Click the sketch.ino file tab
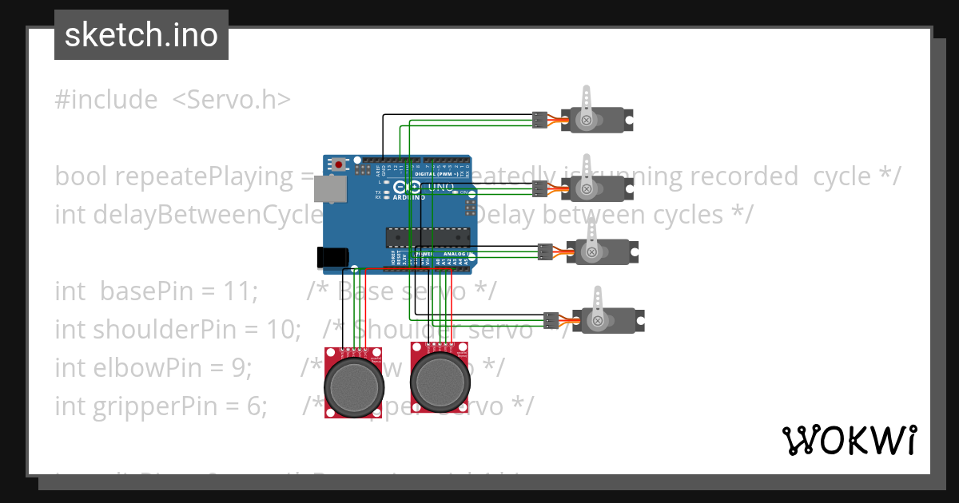click(141, 35)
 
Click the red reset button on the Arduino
click(340, 164)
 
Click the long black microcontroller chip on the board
click(426, 237)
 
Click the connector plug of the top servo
click(540, 120)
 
